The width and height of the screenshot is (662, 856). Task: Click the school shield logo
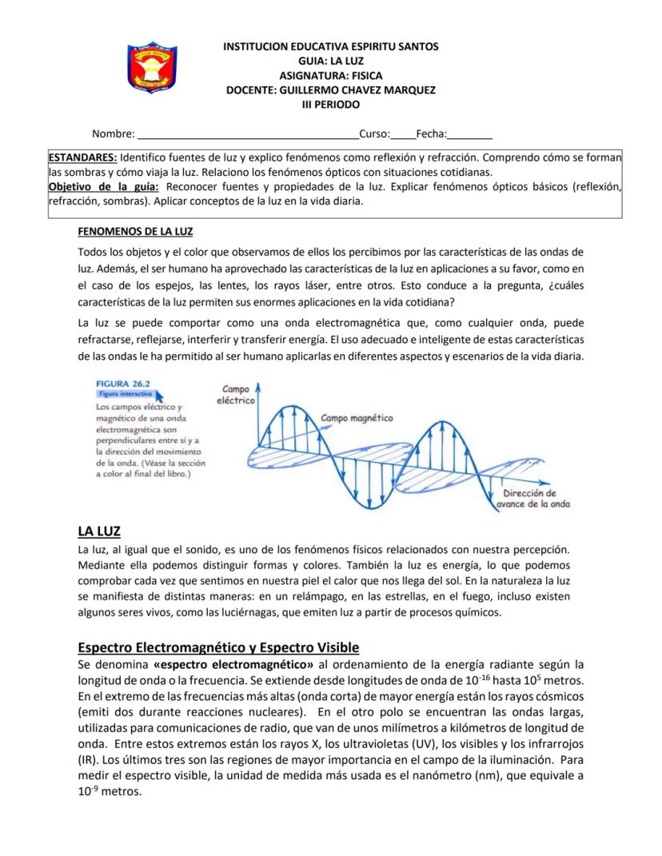coord(152,69)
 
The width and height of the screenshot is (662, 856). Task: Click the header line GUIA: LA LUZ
coord(330,61)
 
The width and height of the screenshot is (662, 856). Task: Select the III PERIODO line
coord(330,105)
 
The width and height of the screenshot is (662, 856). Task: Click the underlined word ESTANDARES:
coord(83,158)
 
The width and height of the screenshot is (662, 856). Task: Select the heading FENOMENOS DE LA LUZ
coord(135,232)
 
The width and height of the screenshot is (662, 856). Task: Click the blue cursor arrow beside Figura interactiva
coord(158,394)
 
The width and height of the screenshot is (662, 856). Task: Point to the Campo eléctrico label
coord(236,394)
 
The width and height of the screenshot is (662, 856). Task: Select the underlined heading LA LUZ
coord(98,531)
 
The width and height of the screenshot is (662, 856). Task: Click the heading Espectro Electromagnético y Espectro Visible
coord(218,647)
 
